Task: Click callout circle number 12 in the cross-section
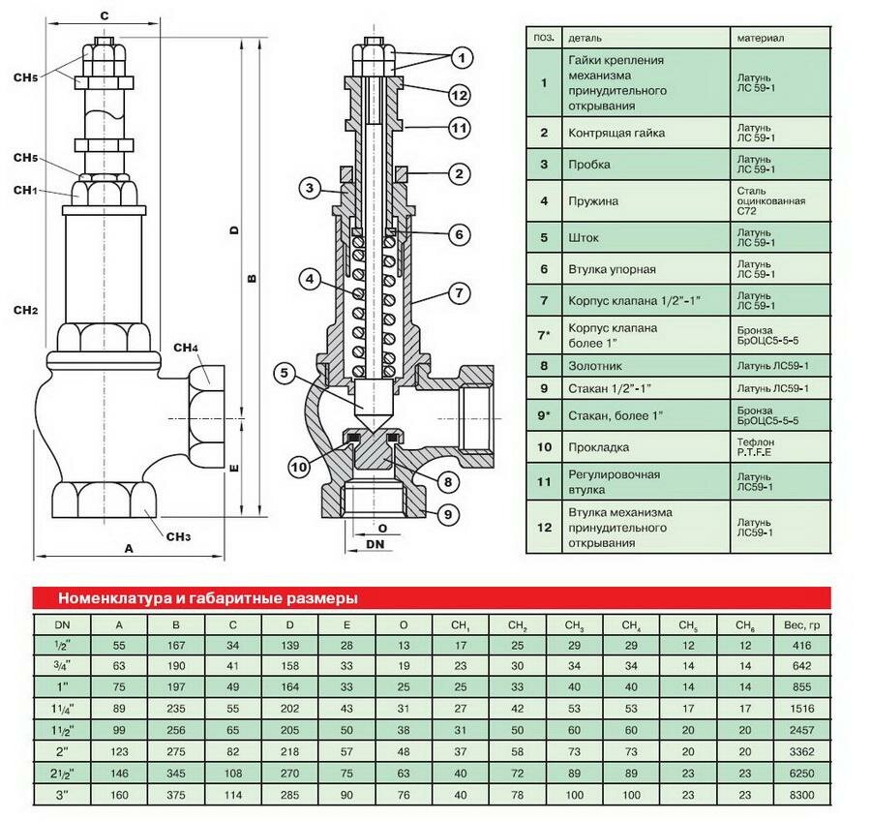459,95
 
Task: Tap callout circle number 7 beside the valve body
459,293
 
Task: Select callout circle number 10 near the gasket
299,466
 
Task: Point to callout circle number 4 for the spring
309,280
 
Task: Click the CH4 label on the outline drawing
186,348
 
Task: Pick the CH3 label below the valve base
179,537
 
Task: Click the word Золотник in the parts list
593,366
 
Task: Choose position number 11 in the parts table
544,481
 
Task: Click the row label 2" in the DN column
62,750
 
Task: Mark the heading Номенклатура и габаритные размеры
207,597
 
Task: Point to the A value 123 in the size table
119,750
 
